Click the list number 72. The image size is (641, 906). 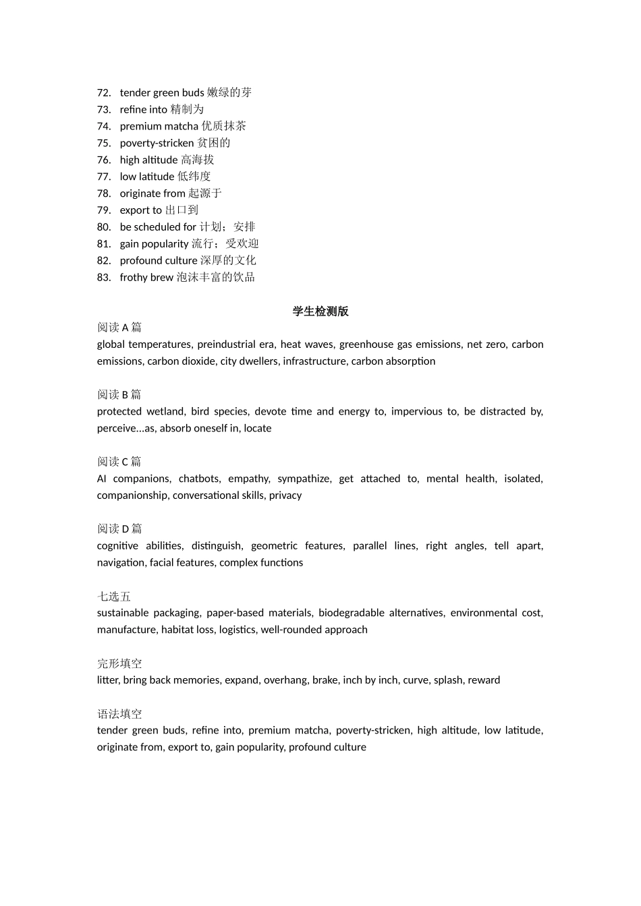[103, 93]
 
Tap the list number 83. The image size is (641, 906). [103, 278]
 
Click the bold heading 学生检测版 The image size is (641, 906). [320, 311]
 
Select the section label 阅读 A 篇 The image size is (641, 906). [119, 328]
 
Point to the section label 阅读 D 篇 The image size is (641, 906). [119, 529]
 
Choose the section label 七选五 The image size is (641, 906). [114, 597]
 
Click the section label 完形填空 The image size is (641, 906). [119, 663]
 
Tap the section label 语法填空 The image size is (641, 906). [119, 714]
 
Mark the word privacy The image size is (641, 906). [285, 495]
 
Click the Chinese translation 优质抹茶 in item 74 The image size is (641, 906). [224, 126]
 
